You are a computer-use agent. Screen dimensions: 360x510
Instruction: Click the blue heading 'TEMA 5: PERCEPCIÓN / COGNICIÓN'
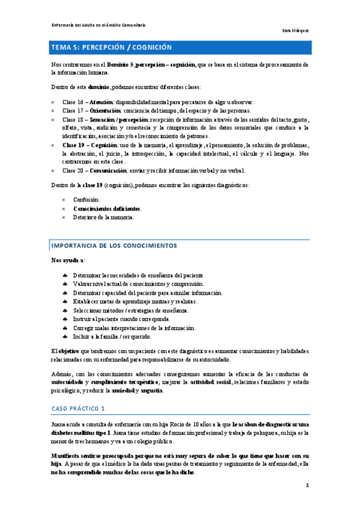(112, 47)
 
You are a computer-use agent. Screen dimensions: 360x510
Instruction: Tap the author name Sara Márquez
(295, 31)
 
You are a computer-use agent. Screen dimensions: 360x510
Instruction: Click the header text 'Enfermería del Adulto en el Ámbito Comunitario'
(99, 25)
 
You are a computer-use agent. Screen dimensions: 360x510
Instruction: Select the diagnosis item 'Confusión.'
(87, 200)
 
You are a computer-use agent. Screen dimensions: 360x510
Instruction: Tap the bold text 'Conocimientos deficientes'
(107, 209)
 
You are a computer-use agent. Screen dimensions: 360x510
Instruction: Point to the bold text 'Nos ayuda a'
(67, 260)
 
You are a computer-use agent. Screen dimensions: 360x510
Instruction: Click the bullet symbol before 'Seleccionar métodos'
(65, 310)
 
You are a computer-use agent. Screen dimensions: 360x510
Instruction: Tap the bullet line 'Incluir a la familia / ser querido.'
(114, 337)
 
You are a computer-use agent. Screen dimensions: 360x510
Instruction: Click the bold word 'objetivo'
(69, 350)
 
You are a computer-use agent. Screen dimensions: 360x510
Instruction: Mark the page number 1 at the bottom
(307, 485)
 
